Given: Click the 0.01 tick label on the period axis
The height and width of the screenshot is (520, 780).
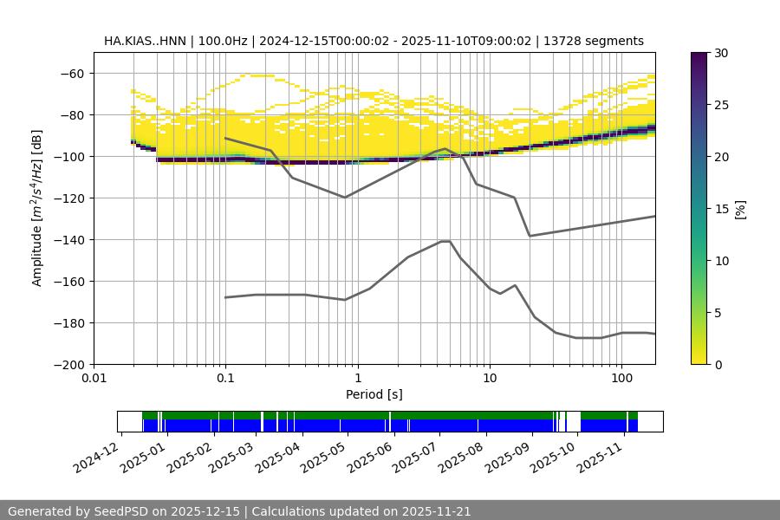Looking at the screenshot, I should pyautogui.click(x=94, y=379).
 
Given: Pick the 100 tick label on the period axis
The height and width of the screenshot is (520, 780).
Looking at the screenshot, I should pyautogui.click(x=621, y=379).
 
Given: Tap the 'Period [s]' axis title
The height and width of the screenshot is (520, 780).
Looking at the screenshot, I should pyautogui.click(x=374, y=394).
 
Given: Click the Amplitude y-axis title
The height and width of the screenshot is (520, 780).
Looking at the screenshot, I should pyautogui.click(x=37, y=208).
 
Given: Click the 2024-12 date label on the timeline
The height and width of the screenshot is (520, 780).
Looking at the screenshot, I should pyautogui.click(x=95, y=457).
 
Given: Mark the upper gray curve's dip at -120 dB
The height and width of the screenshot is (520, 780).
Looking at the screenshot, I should pyautogui.click(x=345, y=198).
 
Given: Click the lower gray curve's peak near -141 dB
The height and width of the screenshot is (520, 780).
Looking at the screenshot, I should pyautogui.click(x=445, y=241).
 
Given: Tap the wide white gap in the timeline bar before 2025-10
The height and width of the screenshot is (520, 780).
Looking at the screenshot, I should pyautogui.click(x=573, y=422).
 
